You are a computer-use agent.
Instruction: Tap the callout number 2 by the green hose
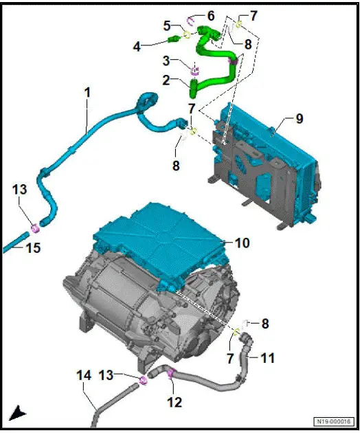pyautogui.click(x=166, y=80)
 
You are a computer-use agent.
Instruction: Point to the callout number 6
pyautogui.click(x=210, y=14)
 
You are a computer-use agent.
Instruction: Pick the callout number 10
pyautogui.click(x=242, y=243)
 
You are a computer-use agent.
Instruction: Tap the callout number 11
pyautogui.click(x=267, y=357)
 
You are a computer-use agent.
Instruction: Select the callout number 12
pyautogui.click(x=175, y=402)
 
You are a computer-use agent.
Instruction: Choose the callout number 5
pyautogui.click(x=167, y=25)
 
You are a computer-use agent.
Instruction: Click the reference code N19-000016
pyautogui.click(x=334, y=421)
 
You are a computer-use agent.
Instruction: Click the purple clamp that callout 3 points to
pyautogui.click(x=194, y=70)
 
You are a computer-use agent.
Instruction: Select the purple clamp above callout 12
pyautogui.click(x=170, y=374)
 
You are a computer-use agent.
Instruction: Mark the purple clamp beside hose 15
pyautogui.click(x=34, y=228)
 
